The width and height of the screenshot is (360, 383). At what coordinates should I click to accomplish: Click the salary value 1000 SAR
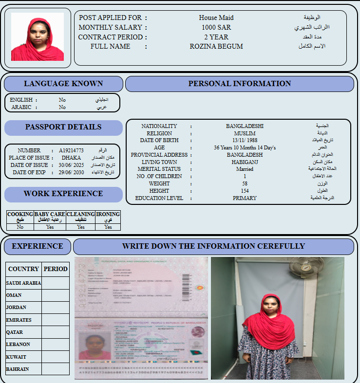pos(216,27)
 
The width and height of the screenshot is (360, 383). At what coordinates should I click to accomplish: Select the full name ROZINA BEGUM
pos(216,47)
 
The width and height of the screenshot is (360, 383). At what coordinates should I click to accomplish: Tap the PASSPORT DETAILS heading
pos(63,127)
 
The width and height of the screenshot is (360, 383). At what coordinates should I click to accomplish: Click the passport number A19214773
pos(71,151)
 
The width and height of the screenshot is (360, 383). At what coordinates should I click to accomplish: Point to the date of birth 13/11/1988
pos(245,140)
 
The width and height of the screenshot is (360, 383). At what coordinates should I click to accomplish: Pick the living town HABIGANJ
pos(245,162)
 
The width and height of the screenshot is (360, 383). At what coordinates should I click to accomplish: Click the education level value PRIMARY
pos(245,198)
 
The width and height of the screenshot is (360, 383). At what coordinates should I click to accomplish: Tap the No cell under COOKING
pos(20,227)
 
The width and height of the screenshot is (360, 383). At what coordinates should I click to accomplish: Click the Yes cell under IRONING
pos(108,227)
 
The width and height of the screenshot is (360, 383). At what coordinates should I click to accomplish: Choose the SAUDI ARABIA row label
pos(23,283)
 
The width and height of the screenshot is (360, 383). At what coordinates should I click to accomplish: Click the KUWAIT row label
pos(17,357)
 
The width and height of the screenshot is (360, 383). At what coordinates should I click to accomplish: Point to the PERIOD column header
pos(56,269)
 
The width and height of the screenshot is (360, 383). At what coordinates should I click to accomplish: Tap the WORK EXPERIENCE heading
pos(63,194)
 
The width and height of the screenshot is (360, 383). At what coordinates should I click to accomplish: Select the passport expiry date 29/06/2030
pos(72,172)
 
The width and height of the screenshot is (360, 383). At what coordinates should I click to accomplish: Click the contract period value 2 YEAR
pos(216,37)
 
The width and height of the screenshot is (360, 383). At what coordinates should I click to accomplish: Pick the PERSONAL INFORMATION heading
pos(239,84)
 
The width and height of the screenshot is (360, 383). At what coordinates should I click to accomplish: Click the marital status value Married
pos(245,169)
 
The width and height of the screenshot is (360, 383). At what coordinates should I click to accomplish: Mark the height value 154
pos(245,191)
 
